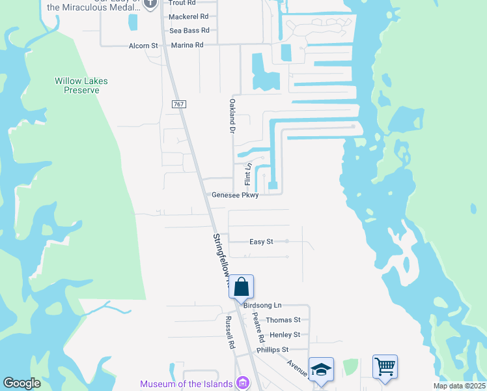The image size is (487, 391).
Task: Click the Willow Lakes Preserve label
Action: (x=81, y=85)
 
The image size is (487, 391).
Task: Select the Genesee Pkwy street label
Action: (x=235, y=195)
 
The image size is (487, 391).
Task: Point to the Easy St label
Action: (x=261, y=242)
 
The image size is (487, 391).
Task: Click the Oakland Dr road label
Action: (x=231, y=116)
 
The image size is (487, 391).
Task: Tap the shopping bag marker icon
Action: (x=241, y=286)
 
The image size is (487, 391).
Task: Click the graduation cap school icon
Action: (x=321, y=369)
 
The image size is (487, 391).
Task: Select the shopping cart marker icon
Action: (x=385, y=366)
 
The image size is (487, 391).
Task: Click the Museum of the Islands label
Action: (x=186, y=384)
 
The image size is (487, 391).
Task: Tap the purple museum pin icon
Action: (x=244, y=383)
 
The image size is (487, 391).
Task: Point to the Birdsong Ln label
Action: (x=262, y=305)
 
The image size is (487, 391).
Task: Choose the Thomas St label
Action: (x=283, y=320)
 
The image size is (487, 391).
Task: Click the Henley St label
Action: (x=285, y=335)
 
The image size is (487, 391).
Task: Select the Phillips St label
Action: (x=272, y=350)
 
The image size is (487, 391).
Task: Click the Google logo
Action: (x=21, y=383)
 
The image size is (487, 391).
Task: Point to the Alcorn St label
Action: (x=143, y=46)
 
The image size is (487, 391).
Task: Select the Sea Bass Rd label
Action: (x=189, y=31)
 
